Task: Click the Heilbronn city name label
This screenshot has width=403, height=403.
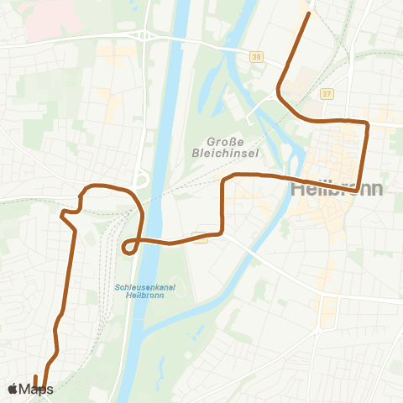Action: point(336,189)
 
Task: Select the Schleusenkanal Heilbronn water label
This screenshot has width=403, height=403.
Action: point(136,290)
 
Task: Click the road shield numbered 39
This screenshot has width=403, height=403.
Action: point(254,56)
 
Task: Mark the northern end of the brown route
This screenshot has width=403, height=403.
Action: point(310,13)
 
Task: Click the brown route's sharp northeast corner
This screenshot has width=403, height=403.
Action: point(367,124)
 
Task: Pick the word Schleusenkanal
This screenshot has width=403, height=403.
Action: point(136,286)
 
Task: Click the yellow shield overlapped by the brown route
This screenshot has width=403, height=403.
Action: point(200,238)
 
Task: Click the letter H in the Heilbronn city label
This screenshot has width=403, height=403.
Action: point(297,189)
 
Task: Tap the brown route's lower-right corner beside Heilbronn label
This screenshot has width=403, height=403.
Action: point(359,189)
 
